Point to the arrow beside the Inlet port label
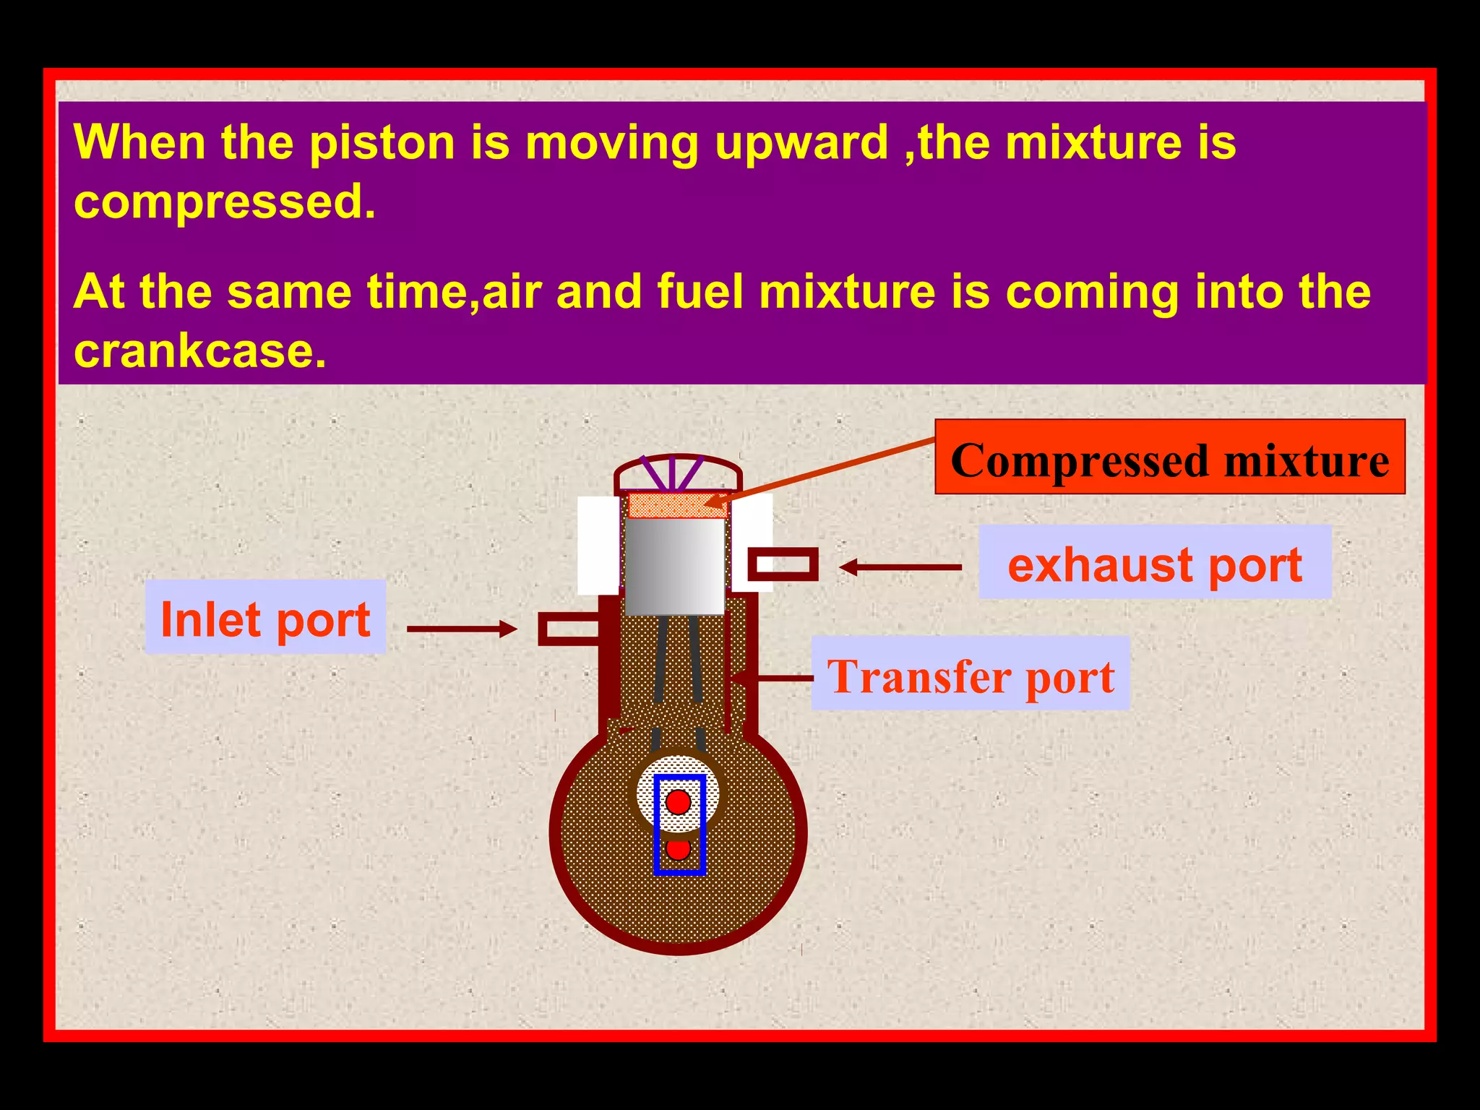click(462, 629)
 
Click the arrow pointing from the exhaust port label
click(900, 568)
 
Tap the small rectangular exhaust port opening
click(783, 564)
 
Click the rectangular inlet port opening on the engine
click(569, 629)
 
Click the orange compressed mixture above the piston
click(677, 505)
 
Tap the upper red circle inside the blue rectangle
click(679, 802)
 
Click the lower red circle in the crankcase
click(679, 849)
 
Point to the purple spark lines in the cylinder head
click(673, 473)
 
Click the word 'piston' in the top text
click(382, 143)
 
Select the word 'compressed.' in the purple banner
click(225, 202)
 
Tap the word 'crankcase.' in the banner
click(200, 351)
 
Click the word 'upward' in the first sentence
click(801, 143)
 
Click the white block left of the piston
click(598, 545)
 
